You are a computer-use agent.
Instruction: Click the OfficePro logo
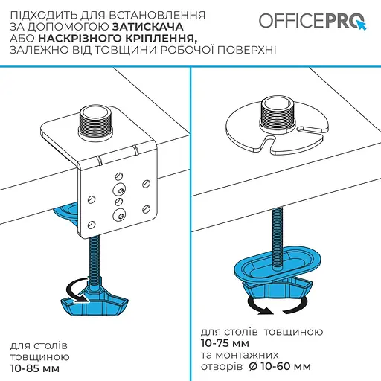click(312, 19)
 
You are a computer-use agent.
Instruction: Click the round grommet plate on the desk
click(246, 134)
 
